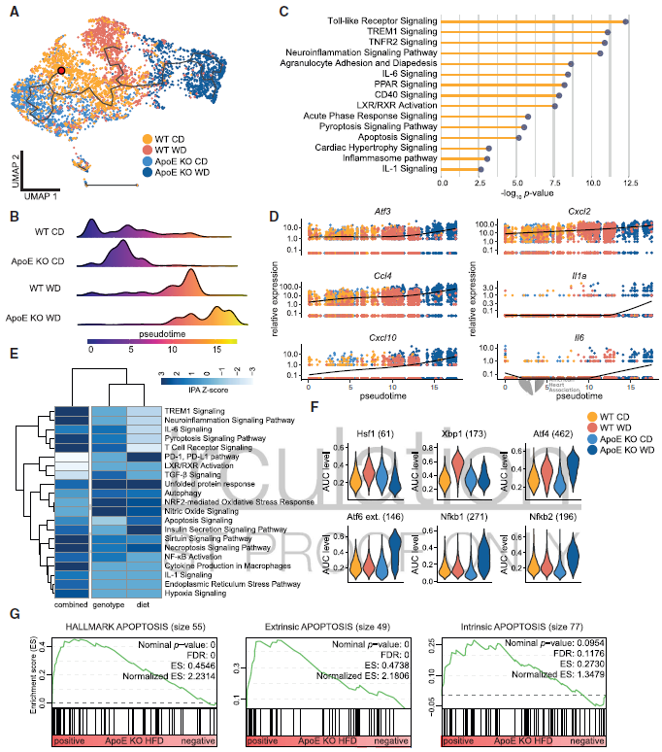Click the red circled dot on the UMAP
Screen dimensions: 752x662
coord(60,71)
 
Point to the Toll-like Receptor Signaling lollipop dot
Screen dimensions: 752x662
coord(626,20)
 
